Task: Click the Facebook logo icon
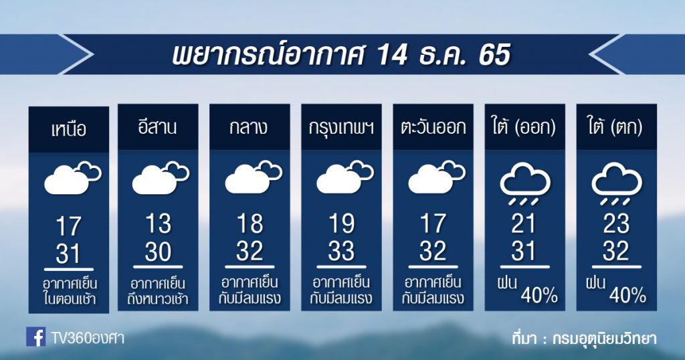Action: pyautogui.click(x=36, y=337)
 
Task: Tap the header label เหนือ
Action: pyautogui.click(x=69, y=130)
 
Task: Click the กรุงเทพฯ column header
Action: pyautogui.click(x=341, y=128)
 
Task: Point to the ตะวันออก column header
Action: pyautogui.click(x=433, y=127)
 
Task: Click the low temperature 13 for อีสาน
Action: pyautogui.click(x=158, y=223)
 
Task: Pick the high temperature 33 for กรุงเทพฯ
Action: pyautogui.click(x=341, y=251)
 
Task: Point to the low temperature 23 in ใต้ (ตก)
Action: pyautogui.click(x=616, y=223)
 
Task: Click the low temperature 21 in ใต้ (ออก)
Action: pyautogui.click(x=523, y=223)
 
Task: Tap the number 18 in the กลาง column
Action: pyautogui.click(x=250, y=223)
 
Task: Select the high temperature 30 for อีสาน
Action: pyautogui.click(x=158, y=252)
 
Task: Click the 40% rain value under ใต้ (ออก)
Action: pyautogui.click(x=539, y=296)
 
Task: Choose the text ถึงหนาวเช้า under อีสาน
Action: pyautogui.click(x=158, y=299)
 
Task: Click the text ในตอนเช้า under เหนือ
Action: pyautogui.click(x=69, y=299)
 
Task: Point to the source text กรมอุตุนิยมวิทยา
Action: pyautogui.click(x=604, y=339)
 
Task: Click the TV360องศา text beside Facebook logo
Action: pyautogui.click(x=88, y=338)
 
